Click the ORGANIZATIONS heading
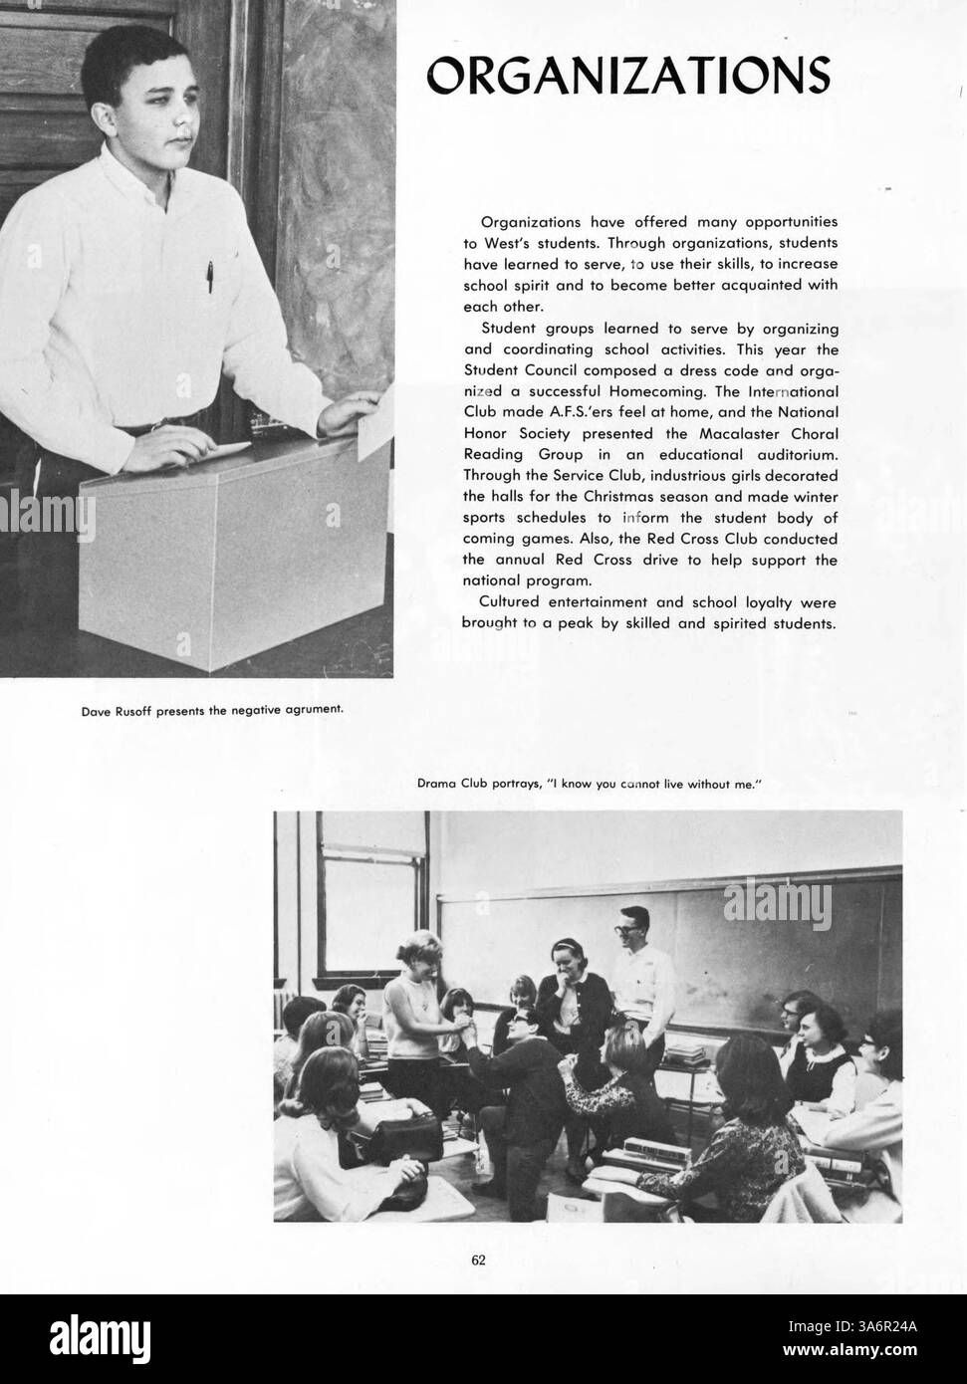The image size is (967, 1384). (x=627, y=74)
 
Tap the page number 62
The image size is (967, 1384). (x=478, y=1260)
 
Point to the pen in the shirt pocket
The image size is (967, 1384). (x=210, y=276)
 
